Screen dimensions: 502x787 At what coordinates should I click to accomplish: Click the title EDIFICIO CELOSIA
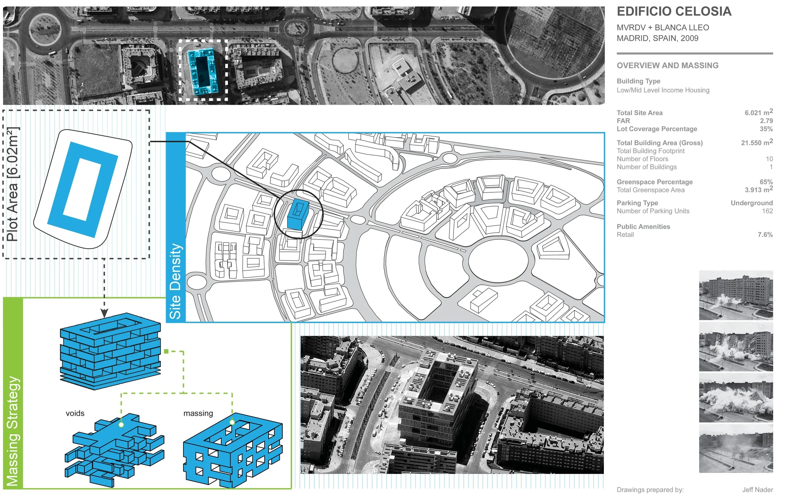point(674,12)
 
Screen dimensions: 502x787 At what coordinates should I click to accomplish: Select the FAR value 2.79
point(766,121)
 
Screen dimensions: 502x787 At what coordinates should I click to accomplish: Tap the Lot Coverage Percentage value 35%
point(766,129)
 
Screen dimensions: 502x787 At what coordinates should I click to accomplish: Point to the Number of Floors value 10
point(769,159)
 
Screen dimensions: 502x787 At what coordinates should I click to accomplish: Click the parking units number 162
point(767,211)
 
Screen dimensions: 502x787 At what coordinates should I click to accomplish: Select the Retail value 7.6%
point(765,235)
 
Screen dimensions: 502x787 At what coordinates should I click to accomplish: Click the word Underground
point(752,203)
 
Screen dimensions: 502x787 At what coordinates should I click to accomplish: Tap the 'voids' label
point(75,414)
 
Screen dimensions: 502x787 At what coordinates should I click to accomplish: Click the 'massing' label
point(198,414)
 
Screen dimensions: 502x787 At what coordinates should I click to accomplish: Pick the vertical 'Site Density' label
point(175,281)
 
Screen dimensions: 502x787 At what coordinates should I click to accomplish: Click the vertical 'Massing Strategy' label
point(13,431)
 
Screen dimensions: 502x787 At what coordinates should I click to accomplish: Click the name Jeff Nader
point(757,490)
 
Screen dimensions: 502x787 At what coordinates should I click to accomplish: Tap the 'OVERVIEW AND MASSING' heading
point(667,66)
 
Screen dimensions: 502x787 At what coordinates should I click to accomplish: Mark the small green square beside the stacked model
point(166,351)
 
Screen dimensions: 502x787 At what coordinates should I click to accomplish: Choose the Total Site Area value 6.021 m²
point(759,112)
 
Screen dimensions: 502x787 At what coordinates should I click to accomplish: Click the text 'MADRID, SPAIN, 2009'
point(657,38)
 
